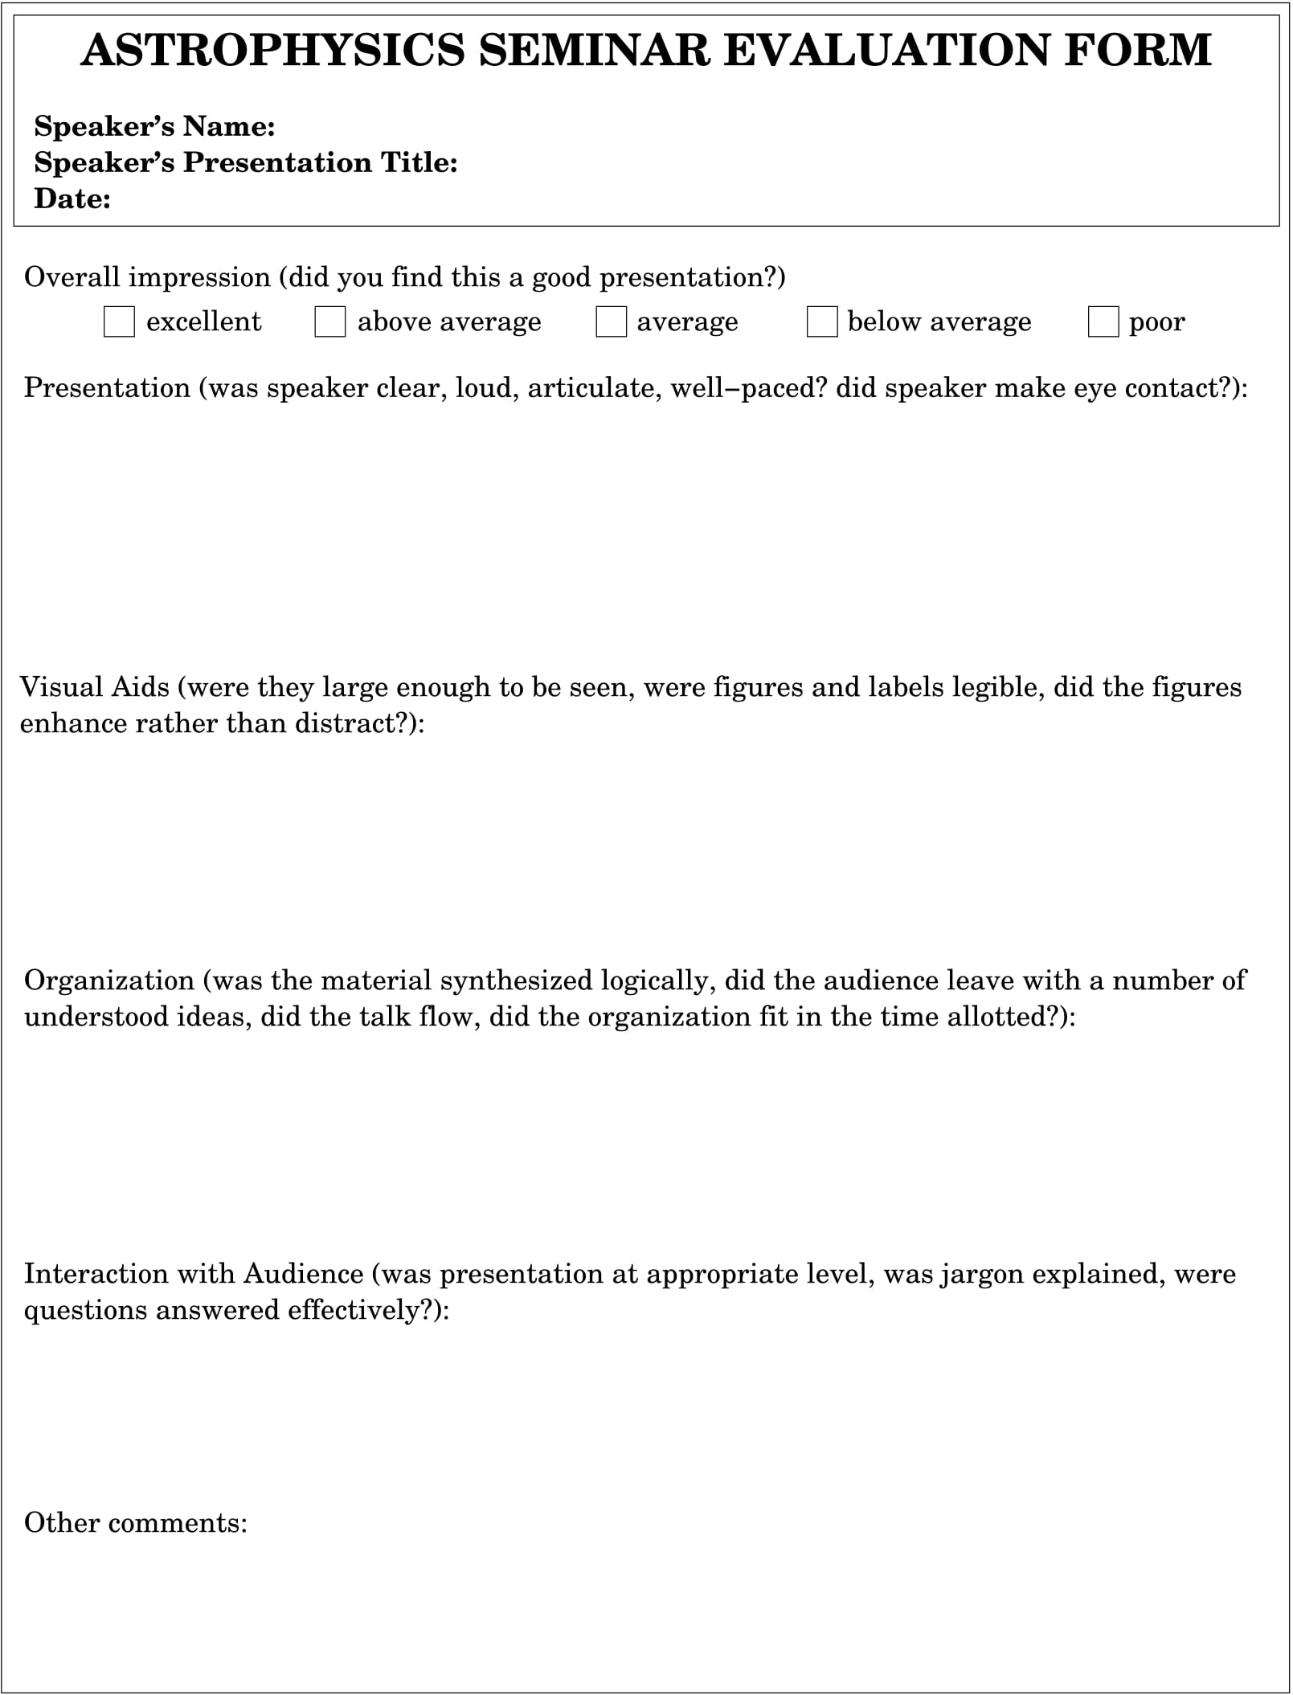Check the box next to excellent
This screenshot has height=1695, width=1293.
pyautogui.click(x=119, y=322)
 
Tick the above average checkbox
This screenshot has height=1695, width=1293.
pyautogui.click(x=329, y=322)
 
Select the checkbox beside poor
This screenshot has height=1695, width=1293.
pyautogui.click(x=1103, y=322)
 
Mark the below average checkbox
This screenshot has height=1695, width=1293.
pyautogui.click(x=821, y=322)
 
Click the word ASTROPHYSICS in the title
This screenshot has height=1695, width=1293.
pyautogui.click(x=272, y=50)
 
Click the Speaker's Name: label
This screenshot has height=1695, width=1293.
pyautogui.click(x=154, y=126)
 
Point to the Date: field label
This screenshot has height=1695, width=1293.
pyautogui.click(x=72, y=199)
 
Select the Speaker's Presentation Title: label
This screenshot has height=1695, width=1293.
pyautogui.click(x=246, y=162)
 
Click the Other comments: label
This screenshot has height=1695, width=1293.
pyautogui.click(x=136, y=1522)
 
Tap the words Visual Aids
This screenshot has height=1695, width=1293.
pyautogui.click(x=95, y=687)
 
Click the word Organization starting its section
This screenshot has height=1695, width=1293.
pyautogui.click(x=109, y=981)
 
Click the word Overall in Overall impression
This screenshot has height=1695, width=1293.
pyautogui.click(x=72, y=277)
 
